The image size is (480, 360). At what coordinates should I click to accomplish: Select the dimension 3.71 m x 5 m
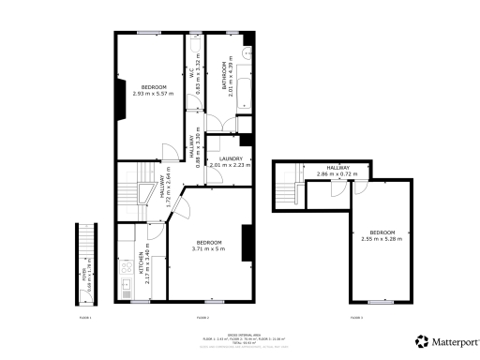[x=209, y=248]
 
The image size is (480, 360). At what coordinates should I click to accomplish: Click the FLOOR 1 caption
[x=85, y=318]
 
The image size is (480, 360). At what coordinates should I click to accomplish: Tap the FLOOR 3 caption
[x=355, y=318]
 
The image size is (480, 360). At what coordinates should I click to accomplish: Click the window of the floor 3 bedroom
[x=381, y=303]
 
